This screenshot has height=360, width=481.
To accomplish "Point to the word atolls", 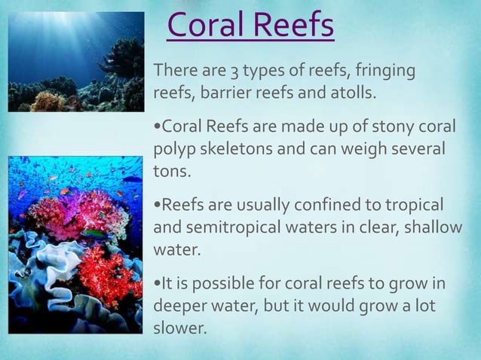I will point(349,95).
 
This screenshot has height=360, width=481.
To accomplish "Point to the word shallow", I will point(431,227).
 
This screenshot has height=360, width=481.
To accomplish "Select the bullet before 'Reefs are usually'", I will point(157,205).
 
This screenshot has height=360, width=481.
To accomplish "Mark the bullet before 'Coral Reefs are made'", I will point(157,125).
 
